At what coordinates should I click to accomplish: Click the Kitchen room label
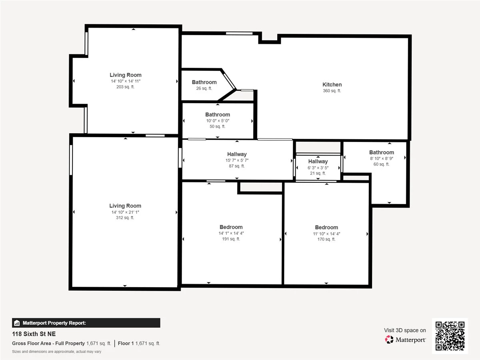tap(332, 84)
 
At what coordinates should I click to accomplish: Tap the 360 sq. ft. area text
tap(332, 91)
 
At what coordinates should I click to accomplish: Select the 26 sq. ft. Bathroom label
tap(204, 82)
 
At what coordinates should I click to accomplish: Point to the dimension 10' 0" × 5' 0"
tap(218, 121)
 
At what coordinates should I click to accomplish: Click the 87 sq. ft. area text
tap(237, 166)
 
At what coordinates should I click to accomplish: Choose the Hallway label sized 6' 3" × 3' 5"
tap(318, 162)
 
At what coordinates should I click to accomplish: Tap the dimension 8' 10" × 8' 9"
tap(382, 158)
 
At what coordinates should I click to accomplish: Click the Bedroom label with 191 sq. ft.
tap(231, 227)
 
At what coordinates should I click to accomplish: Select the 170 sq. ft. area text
tap(326, 239)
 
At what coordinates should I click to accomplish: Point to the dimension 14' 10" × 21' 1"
tap(125, 212)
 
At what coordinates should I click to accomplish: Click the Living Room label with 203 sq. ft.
tap(126, 75)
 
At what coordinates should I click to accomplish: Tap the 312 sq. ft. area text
tap(125, 218)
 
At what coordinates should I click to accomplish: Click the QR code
tap(450, 336)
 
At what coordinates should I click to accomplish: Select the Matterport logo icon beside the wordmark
tap(389, 340)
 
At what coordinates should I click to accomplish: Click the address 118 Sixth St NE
tap(34, 334)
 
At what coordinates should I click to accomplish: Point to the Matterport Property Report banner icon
tap(17, 323)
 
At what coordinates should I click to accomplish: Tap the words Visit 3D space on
tap(405, 330)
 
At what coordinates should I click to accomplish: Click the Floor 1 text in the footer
tap(126, 343)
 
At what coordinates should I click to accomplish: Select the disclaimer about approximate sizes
tap(57, 352)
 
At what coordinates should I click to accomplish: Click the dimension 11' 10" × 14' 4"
tap(326, 234)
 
